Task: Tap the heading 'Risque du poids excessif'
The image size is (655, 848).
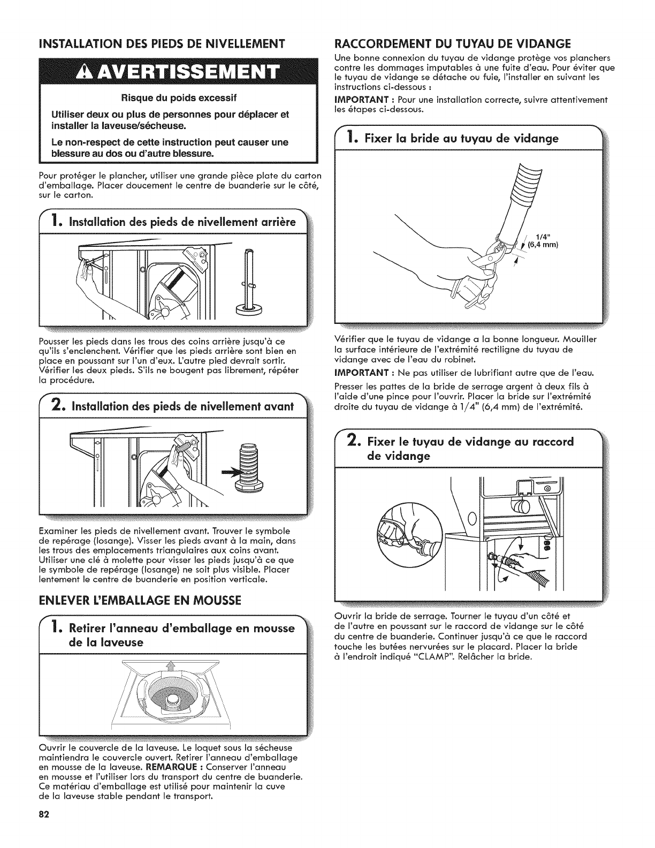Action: (179, 98)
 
